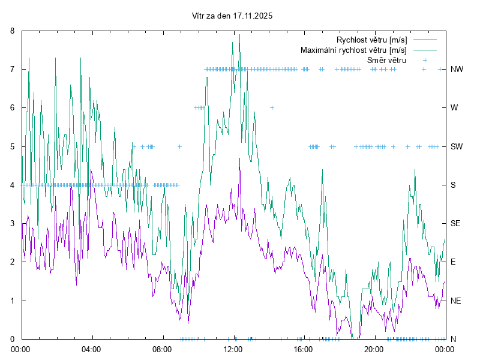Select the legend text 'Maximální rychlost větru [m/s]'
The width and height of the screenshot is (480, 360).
[353, 50]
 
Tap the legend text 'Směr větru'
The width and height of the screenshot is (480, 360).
[386, 60]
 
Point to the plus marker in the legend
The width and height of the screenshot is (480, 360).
[424, 60]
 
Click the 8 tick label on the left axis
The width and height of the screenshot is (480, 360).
[14, 31]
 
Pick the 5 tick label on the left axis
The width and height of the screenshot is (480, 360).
[14, 146]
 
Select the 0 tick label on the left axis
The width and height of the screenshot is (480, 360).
[14, 339]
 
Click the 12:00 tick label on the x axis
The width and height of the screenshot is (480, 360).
[233, 349]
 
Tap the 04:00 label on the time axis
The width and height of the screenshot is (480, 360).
[92, 349]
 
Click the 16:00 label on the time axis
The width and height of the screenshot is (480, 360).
[304, 349]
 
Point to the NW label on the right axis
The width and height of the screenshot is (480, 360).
[457, 69]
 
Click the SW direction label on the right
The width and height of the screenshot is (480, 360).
[457, 146]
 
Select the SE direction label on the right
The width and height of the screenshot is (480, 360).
[456, 223]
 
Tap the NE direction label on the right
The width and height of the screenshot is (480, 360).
[456, 301]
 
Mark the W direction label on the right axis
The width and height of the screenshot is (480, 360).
[454, 108]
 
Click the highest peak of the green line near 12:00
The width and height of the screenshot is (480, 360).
[239, 34]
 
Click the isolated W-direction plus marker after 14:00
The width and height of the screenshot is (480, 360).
[272, 108]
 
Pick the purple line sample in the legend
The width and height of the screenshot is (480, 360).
[424, 40]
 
